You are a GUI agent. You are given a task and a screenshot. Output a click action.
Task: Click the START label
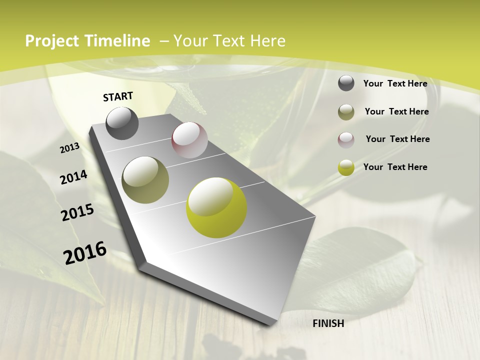click(x=118, y=96)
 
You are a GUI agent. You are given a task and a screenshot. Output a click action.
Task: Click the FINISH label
click(x=328, y=323)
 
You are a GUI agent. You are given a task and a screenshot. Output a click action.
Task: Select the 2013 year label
click(x=70, y=148)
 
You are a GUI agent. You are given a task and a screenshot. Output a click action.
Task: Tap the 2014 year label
click(x=74, y=177)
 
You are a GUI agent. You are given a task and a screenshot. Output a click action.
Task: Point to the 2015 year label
click(x=77, y=212)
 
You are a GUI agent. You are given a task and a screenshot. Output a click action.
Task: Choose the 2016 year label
click(x=85, y=253)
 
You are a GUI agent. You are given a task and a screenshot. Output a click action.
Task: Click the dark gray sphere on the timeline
click(x=122, y=123)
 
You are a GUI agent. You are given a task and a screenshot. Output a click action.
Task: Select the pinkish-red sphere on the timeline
click(x=189, y=140)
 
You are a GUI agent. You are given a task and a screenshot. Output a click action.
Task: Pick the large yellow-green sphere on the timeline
click(x=216, y=207)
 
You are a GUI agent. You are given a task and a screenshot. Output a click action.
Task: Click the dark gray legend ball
click(x=346, y=83)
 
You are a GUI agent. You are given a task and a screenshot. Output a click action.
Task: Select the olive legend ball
click(x=346, y=112)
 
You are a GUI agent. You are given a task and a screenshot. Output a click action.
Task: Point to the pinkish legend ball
click(x=346, y=140)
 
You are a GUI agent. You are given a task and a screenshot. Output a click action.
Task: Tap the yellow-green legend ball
click(x=346, y=167)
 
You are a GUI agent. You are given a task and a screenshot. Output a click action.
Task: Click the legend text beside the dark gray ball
click(x=395, y=83)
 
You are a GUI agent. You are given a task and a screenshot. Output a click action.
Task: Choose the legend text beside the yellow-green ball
click(x=395, y=167)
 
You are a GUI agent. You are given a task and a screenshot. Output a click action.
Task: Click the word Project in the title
click(x=52, y=41)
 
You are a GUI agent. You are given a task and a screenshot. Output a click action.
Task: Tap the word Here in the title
click(x=267, y=41)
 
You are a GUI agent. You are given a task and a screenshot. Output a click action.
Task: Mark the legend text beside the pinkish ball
click(x=397, y=139)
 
